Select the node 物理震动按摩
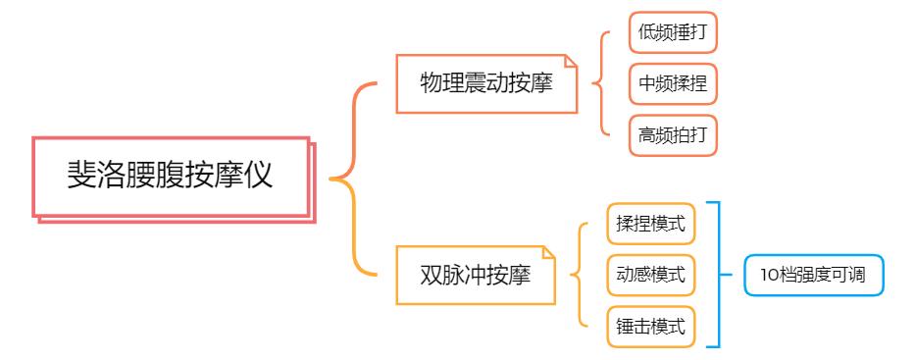point(485,83)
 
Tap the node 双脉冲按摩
point(475,276)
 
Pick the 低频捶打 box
point(673,33)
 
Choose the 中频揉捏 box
point(673,84)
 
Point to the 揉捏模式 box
point(650,224)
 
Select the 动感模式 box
point(650,275)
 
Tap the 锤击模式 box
point(650,326)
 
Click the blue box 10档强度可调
point(813,275)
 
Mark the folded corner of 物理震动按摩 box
point(571,62)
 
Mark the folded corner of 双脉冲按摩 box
point(548,254)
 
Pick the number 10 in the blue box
point(768,275)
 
